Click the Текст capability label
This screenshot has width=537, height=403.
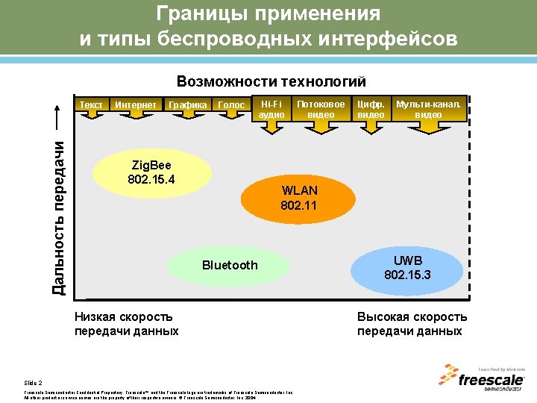pos(91,105)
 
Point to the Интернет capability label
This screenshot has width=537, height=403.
pos(136,105)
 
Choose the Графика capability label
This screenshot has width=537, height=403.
pos(188,105)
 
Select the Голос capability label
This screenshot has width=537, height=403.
pos(231,105)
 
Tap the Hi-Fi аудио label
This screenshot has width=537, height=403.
pos(271,109)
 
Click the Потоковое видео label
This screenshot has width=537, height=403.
pos(321,109)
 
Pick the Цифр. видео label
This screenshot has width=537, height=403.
pos(371,109)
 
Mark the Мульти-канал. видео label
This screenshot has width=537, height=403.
pos(428,109)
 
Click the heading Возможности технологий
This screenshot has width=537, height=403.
pos(271,81)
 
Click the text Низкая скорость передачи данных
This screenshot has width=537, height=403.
pos(126,324)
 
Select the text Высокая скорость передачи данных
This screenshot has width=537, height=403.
pos(412,324)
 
